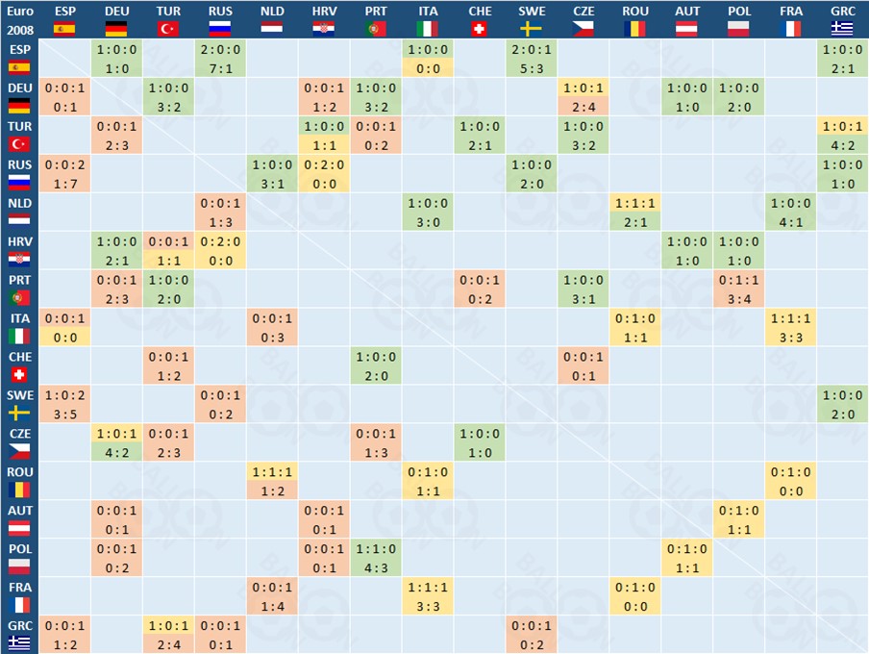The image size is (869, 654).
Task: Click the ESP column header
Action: click(x=64, y=12)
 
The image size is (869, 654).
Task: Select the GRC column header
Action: click(x=843, y=12)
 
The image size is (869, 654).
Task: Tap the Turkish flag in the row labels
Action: click(x=19, y=144)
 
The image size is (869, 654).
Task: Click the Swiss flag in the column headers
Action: click(x=480, y=29)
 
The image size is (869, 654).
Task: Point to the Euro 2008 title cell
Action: click(x=19, y=19)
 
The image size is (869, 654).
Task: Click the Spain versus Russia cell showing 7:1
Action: click(x=220, y=59)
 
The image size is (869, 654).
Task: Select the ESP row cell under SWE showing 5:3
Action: click(x=532, y=59)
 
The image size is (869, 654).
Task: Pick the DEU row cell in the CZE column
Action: click(x=583, y=97)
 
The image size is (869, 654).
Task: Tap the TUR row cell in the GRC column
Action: click(x=843, y=136)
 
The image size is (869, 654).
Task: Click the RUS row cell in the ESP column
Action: click(x=64, y=174)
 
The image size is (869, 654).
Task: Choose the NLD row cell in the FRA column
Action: click(x=791, y=213)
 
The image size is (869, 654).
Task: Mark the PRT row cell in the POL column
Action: click(x=739, y=289)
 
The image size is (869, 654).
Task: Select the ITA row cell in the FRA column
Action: click(x=791, y=328)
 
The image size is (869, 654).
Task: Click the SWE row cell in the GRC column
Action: click(x=843, y=405)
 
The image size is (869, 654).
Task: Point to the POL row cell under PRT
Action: click(x=376, y=559)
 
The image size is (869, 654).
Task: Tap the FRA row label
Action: click(x=19, y=587)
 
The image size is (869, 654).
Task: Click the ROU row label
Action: click(x=19, y=471)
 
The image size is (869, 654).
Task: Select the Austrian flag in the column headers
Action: click(x=687, y=29)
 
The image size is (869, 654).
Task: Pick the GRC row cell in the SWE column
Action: click(x=532, y=636)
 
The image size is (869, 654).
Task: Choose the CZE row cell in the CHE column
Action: click(x=480, y=443)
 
